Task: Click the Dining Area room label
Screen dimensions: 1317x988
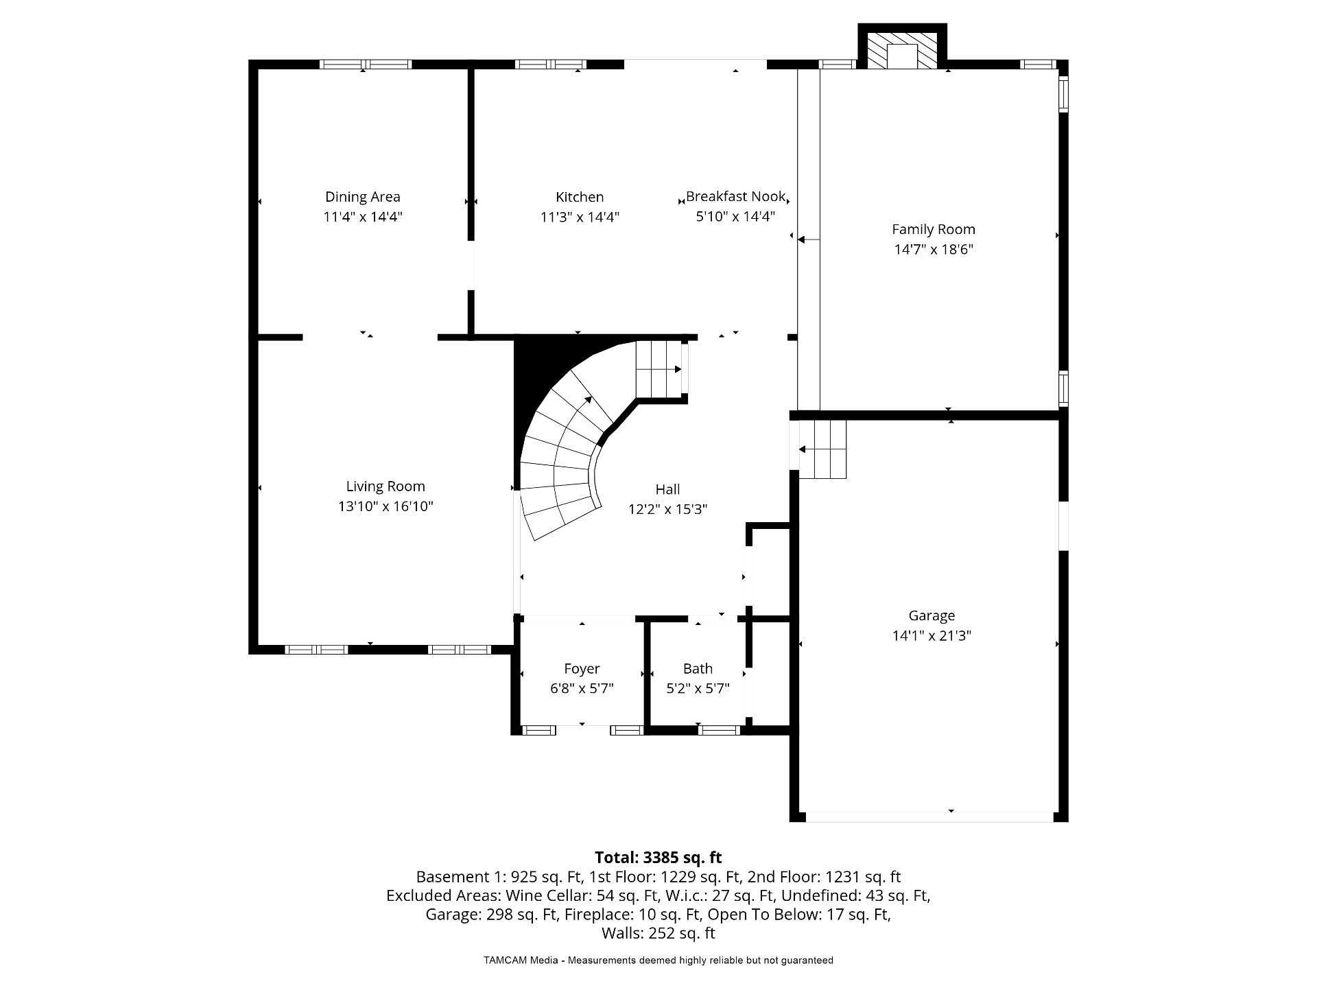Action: click(x=362, y=197)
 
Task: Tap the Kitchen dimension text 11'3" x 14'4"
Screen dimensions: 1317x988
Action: click(x=580, y=217)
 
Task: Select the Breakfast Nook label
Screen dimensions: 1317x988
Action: click(x=735, y=196)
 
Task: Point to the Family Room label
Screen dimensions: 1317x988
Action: click(x=933, y=230)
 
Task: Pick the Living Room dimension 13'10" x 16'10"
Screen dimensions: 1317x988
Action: click(x=385, y=506)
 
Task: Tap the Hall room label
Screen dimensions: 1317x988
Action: click(x=667, y=489)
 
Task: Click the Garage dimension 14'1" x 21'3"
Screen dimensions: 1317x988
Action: click(x=932, y=635)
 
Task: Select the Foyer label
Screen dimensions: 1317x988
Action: click(x=582, y=669)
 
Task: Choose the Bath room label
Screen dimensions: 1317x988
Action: click(x=698, y=668)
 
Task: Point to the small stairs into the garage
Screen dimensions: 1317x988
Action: click(x=822, y=449)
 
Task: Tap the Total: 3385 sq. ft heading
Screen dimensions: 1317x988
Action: click(x=658, y=858)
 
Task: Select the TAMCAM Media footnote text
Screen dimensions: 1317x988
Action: click(x=658, y=961)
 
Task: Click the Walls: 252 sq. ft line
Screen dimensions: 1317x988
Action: click(x=658, y=933)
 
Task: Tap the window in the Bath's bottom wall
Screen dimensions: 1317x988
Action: click(x=719, y=730)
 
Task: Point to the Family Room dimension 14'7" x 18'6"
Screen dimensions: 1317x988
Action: click(x=933, y=250)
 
